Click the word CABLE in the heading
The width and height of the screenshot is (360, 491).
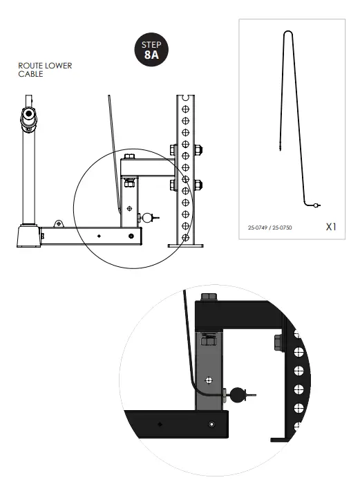tap(31, 73)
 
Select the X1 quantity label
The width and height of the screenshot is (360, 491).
tap(331, 226)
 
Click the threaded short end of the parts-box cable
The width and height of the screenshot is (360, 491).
tap(278, 145)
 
